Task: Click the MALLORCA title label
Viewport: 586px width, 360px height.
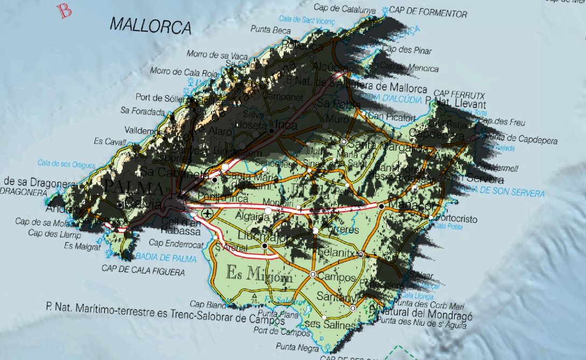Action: pyautogui.click(x=151, y=25)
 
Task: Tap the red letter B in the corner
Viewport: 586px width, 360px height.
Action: pyautogui.click(x=66, y=11)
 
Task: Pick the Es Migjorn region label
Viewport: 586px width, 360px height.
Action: pyautogui.click(x=259, y=274)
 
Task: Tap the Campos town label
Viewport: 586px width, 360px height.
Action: pyautogui.click(x=336, y=278)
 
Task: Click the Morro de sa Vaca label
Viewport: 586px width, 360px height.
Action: pyautogui.click(x=217, y=54)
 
